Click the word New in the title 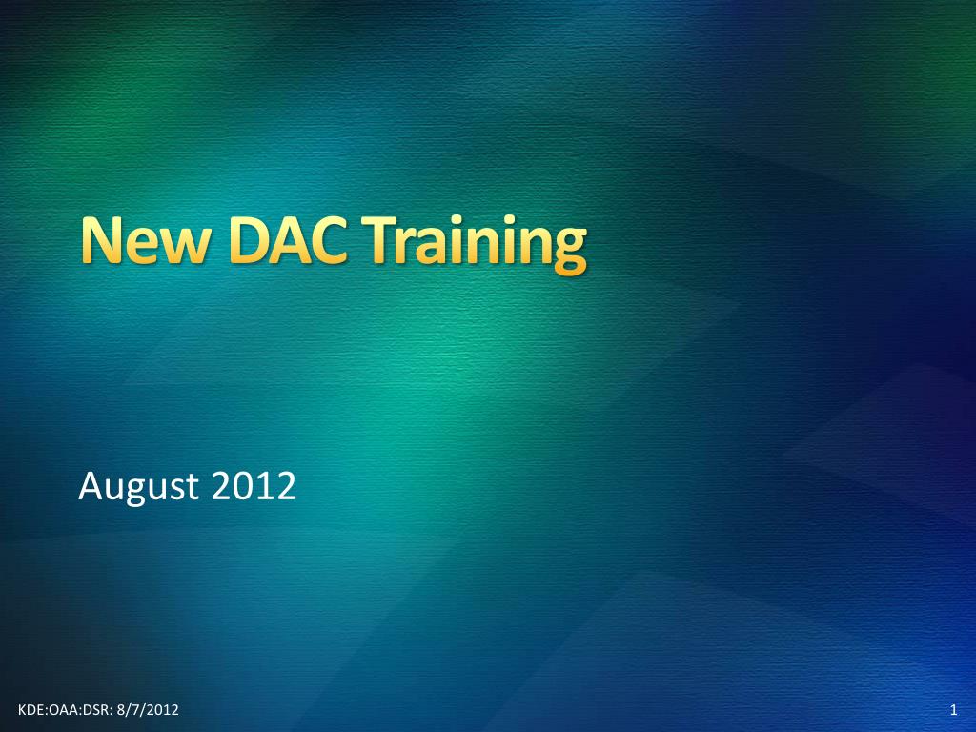[145, 239]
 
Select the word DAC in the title [288, 239]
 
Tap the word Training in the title [474, 244]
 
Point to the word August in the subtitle [138, 487]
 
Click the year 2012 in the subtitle [254, 486]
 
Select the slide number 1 [953, 710]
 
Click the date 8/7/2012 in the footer [148, 710]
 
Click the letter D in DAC [250, 239]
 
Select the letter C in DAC [328, 239]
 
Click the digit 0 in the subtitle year [243, 486]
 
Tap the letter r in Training [406, 246]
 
